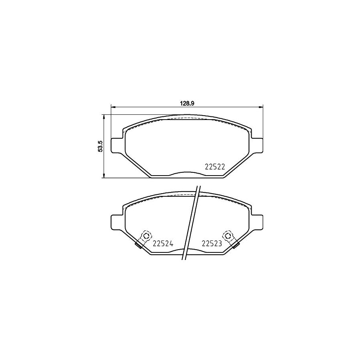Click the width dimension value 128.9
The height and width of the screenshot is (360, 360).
pyautogui.click(x=187, y=103)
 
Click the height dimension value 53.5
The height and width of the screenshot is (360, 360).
pyautogui.click(x=102, y=146)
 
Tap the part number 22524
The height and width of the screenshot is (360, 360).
pyautogui.click(x=163, y=243)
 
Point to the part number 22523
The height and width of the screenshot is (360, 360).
pyautogui.click(x=212, y=243)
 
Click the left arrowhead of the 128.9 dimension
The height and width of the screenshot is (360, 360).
pyautogui.click(x=113, y=107)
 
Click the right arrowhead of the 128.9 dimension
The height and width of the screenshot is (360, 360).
pyautogui.click(x=261, y=107)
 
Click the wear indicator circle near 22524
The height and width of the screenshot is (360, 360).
pyautogui.click(x=146, y=235)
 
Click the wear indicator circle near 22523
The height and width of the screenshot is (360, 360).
pyautogui.click(x=228, y=235)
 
